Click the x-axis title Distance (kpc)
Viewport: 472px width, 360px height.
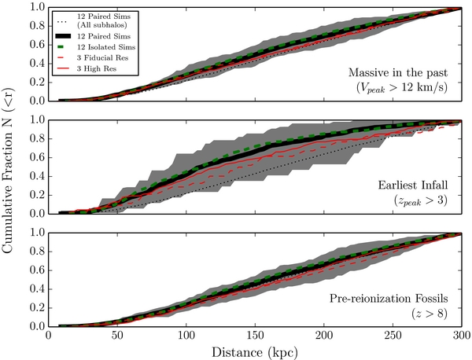click(255, 352)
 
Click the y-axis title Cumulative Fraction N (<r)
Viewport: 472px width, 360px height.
click(8, 171)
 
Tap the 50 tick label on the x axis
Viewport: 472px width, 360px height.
click(117, 335)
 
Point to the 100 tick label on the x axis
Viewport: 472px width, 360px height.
click(186, 335)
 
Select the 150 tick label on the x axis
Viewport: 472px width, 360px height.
click(255, 335)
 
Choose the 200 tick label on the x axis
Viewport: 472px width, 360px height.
click(324, 335)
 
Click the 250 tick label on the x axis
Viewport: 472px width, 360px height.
click(393, 335)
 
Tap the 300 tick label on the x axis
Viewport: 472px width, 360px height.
click(461, 335)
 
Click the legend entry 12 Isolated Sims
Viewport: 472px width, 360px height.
click(106, 47)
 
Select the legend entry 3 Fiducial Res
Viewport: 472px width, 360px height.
click(102, 58)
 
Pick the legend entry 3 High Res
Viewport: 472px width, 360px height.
click(96, 69)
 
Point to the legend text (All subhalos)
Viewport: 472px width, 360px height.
click(101, 25)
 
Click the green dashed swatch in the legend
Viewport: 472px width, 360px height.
click(63, 47)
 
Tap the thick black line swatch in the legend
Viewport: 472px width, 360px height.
click(63, 36)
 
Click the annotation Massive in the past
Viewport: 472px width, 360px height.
click(398, 72)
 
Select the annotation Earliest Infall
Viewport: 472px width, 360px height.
click(413, 185)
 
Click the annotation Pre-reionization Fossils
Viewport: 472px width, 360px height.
click(389, 299)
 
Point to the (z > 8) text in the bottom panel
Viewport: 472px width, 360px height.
click(430, 314)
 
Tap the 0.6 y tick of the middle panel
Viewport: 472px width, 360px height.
click(37, 157)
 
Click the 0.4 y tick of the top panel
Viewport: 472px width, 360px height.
click(37, 64)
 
